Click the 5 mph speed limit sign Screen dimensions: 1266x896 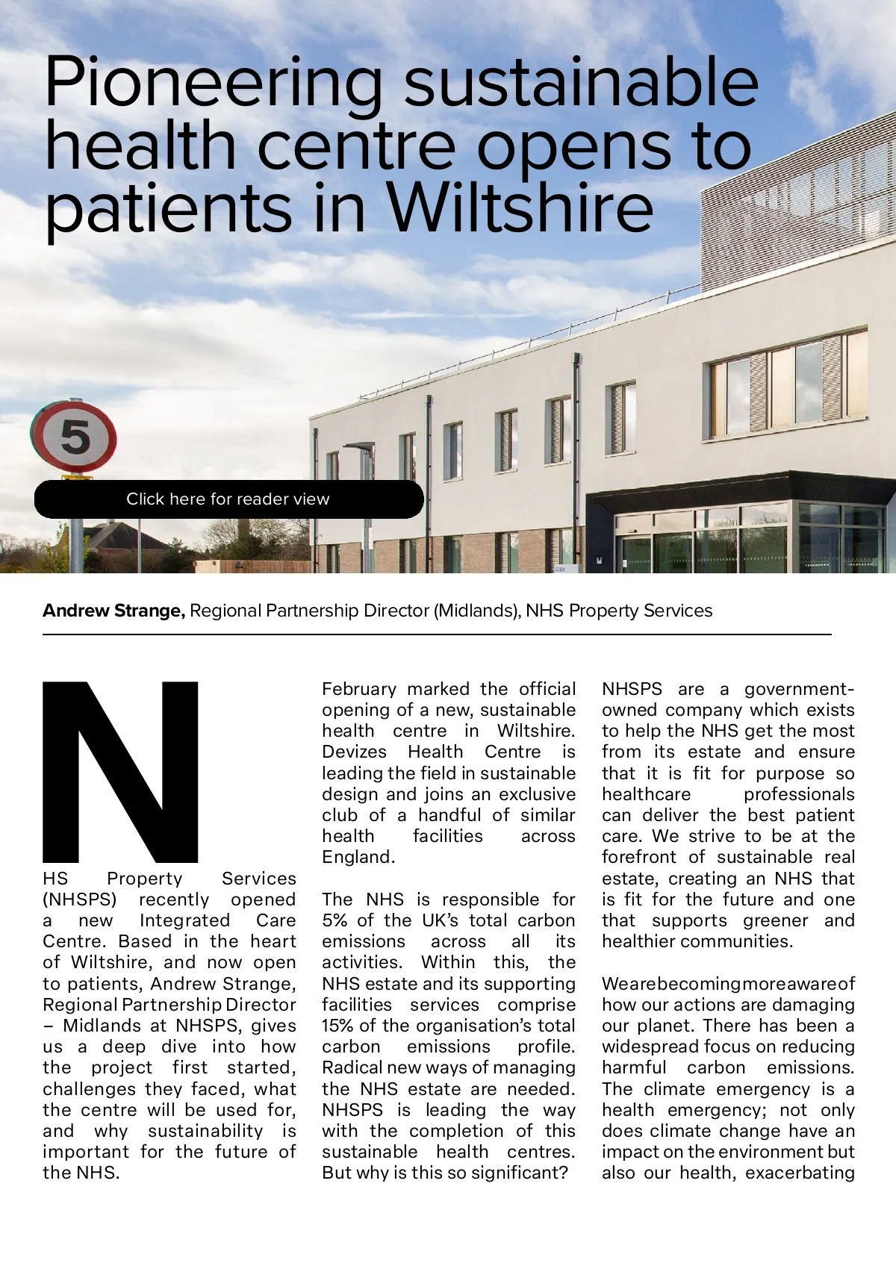click(74, 437)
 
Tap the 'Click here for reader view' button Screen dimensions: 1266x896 click(228, 499)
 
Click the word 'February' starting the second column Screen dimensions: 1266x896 click(359, 689)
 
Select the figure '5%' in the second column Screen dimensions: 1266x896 click(335, 921)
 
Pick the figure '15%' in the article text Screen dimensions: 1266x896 click(337, 1026)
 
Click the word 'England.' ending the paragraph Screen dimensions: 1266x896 click(358, 858)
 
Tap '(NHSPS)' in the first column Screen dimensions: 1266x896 click(80, 899)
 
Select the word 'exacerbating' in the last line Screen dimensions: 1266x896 click(800, 1173)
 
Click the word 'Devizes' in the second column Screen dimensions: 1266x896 click(355, 752)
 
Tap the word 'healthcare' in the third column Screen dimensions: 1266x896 click(647, 794)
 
